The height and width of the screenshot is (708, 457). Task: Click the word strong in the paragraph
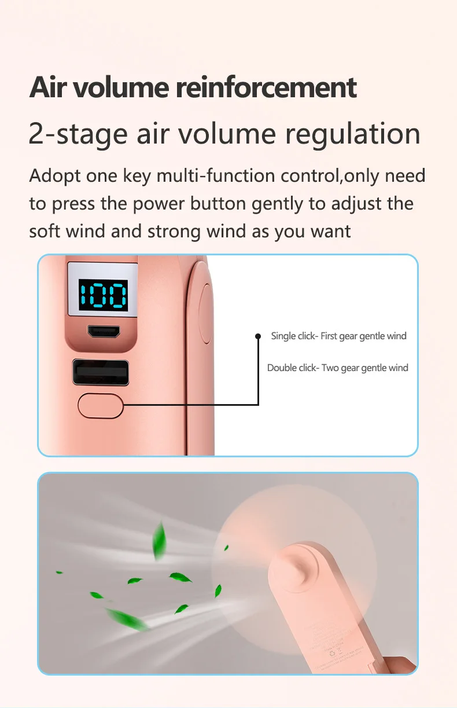pos(174,232)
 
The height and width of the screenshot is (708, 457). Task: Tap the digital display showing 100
pos(104,295)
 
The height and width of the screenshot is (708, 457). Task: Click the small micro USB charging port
pos(104,331)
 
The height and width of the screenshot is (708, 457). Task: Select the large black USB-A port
pos(101,372)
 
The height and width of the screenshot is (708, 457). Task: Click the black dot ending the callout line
pos(258,336)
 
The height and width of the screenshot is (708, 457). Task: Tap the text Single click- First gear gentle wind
pos(338,336)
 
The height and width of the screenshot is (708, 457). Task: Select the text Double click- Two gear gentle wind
pos(338,368)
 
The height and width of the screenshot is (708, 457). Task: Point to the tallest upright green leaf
pos(159,541)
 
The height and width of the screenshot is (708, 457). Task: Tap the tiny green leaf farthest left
pos(59,572)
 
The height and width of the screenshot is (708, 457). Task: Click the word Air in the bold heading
pos(49,87)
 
